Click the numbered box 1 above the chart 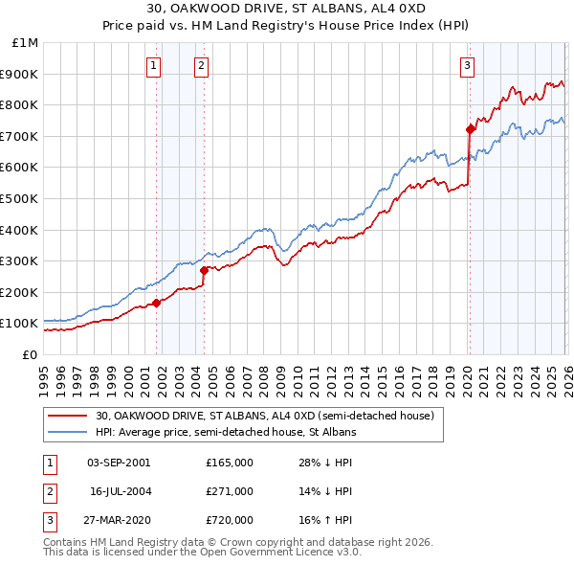pyautogui.click(x=154, y=66)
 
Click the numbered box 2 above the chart pyautogui.click(x=202, y=66)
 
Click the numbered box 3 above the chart pyautogui.click(x=467, y=66)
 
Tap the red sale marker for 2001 pyautogui.click(x=157, y=303)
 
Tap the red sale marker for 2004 pyautogui.click(x=205, y=270)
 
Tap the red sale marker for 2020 pyautogui.click(x=470, y=129)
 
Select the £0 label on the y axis pyautogui.click(x=31, y=354)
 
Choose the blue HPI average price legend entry pyautogui.click(x=226, y=432)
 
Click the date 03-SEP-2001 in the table pyautogui.click(x=119, y=463)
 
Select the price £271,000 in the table pyautogui.click(x=230, y=491)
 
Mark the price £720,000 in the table pyautogui.click(x=230, y=520)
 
